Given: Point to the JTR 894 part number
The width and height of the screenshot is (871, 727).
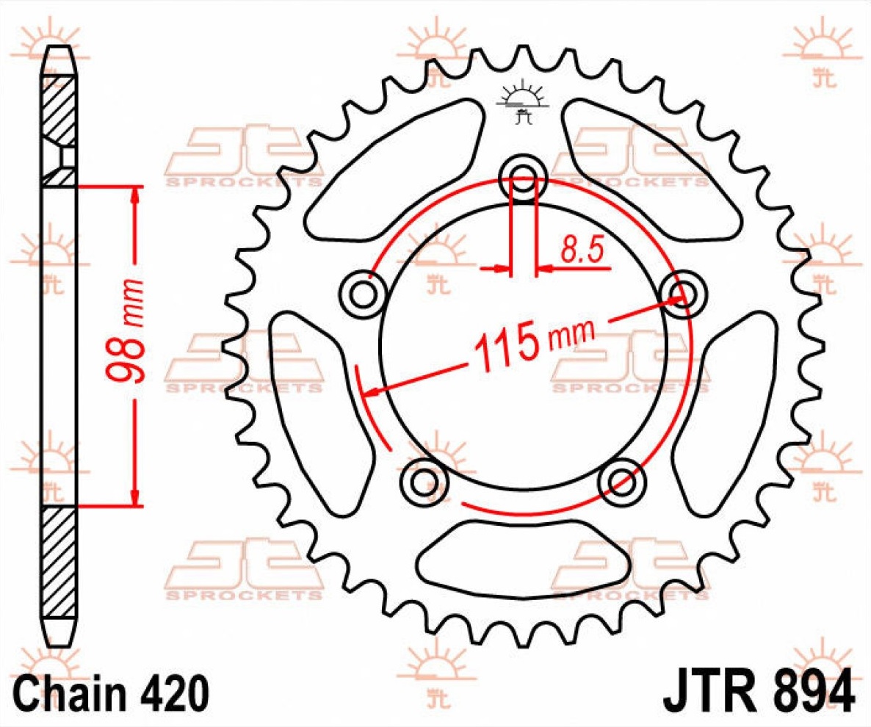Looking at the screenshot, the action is click(757, 690).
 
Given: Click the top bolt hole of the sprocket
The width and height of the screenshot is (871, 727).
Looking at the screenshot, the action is click(523, 179).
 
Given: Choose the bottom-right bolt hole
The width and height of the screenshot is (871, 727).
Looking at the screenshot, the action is click(621, 481).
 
